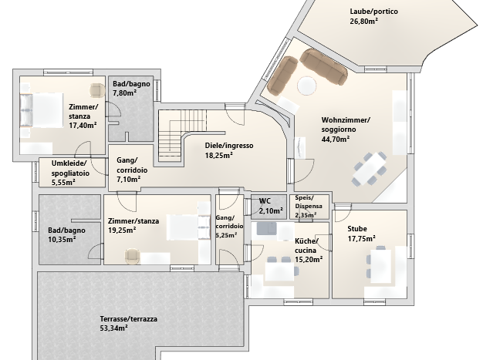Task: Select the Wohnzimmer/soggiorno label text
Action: click(345, 126)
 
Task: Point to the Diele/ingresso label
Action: click(228, 145)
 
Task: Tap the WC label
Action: click(265, 200)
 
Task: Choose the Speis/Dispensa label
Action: click(309, 201)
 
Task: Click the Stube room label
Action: click(357, 228)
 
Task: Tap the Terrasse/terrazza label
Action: click(129, 318)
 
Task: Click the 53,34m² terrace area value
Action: click(114, 328)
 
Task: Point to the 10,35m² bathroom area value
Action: click(62, 240)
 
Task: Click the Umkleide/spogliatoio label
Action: click(71, 169)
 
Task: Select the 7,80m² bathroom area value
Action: click(125, 93)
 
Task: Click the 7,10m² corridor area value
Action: click(128, 180)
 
